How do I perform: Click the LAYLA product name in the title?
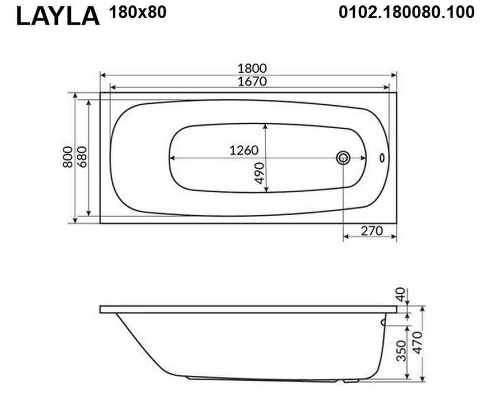point(58,16)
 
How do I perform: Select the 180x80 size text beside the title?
point(137,12)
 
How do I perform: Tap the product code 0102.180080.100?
point(407,13)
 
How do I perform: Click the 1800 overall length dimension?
point(252,68)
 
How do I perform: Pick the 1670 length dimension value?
point(252,82)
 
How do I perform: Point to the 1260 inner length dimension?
point(244,150)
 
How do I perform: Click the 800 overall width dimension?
point(68,157)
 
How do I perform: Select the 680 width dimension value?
point(82,157)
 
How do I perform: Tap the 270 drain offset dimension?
point(372,231)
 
